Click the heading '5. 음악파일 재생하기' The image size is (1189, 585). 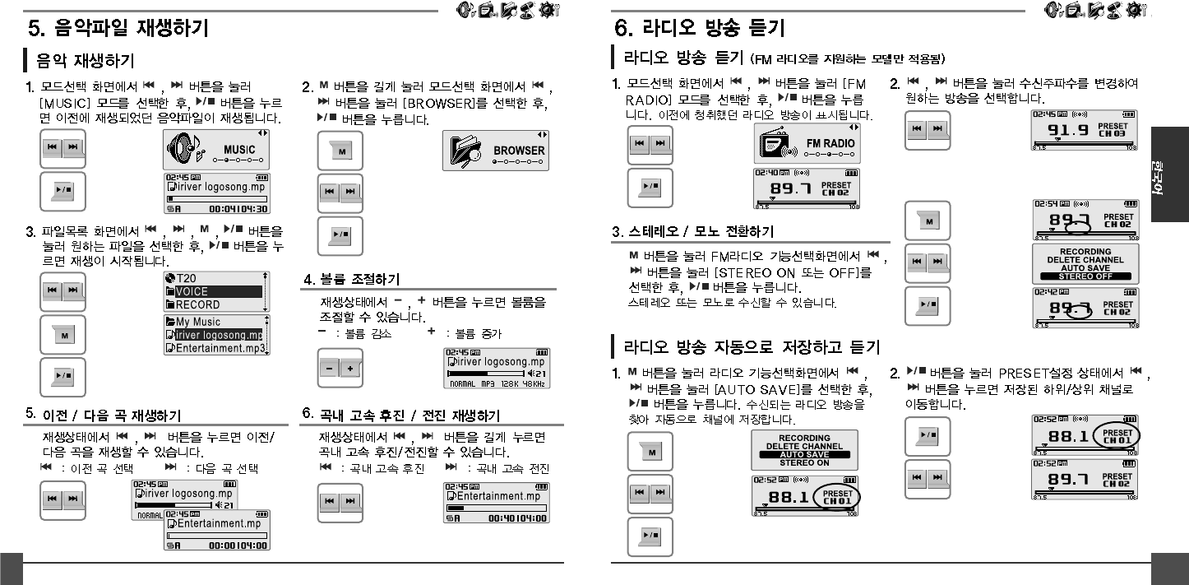coord(118,30)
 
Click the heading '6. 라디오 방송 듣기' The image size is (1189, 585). coord(700,30)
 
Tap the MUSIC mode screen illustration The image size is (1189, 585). coord(216,148)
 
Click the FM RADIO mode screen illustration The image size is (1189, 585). coord(807,143)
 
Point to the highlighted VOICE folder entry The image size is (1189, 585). coord(213,291)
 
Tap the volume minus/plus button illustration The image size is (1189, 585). coord(340,369)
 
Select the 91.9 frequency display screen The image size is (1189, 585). coord(1085,130)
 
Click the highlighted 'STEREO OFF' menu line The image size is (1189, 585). coord(1085,276)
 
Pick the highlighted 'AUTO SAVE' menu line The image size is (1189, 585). coord(803,454)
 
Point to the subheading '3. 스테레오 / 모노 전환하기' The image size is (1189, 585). coord(692,231)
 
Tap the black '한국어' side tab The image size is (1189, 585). coord(1169,174)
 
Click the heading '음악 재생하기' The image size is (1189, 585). coord(84,61)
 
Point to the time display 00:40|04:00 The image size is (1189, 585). coord(519,518)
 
